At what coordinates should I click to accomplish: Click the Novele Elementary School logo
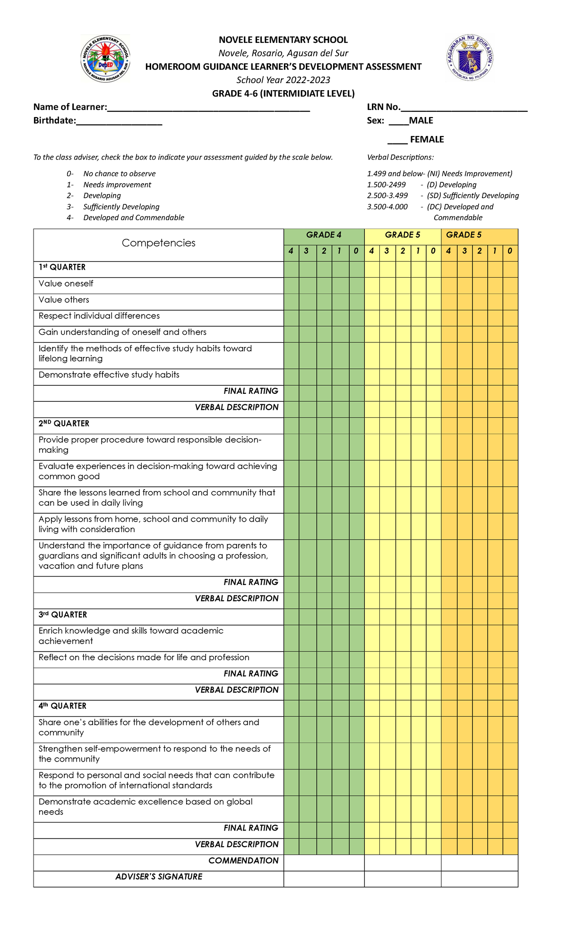click(x=105, y=59)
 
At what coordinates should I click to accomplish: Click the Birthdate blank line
click(x=119, y=123)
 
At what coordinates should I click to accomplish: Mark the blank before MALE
click(x=399, y=123)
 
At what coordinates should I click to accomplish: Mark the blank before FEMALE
click(x=397, y=142)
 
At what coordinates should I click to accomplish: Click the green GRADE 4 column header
click(x=324, y=235)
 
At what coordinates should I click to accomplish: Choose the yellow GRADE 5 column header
click(x=403, y=235)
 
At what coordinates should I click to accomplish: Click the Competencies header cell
click(x=158, y=243)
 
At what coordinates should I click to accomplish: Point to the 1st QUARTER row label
click(x=62, y=267)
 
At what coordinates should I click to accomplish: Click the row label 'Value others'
click(x=64, y=300)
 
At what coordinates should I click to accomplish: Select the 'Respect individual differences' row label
click(x=99, y=316)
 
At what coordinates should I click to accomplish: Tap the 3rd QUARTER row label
click(x=63, y=615)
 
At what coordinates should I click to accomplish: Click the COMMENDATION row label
click(x=243, y=861)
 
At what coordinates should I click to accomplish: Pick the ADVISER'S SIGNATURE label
click(x=159, y=877)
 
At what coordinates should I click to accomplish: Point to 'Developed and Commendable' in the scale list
click(x=134, y=218)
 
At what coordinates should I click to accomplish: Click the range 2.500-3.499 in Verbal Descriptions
click(x=387, y=195)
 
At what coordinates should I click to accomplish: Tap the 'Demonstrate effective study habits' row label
click(x=109, y=375)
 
